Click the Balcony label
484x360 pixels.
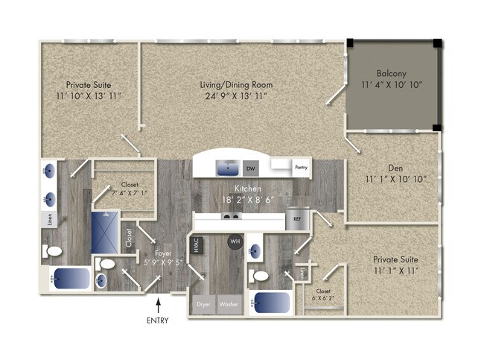click(391, 74)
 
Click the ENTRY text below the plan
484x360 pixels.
click(158, 320)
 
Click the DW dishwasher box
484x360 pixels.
click(251, 168)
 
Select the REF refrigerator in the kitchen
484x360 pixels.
click(297, 220)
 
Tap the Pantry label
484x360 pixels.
click(302, 167)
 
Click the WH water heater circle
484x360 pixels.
click(235, 241)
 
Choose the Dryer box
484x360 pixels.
click(203, 305)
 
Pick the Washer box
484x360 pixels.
click(229, 305)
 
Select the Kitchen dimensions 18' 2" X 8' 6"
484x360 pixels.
click(246, 200)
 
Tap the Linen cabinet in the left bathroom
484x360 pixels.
click(47, 220)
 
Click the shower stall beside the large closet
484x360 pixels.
click(106, 232)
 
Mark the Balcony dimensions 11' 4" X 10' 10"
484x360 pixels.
click(391, 85)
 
